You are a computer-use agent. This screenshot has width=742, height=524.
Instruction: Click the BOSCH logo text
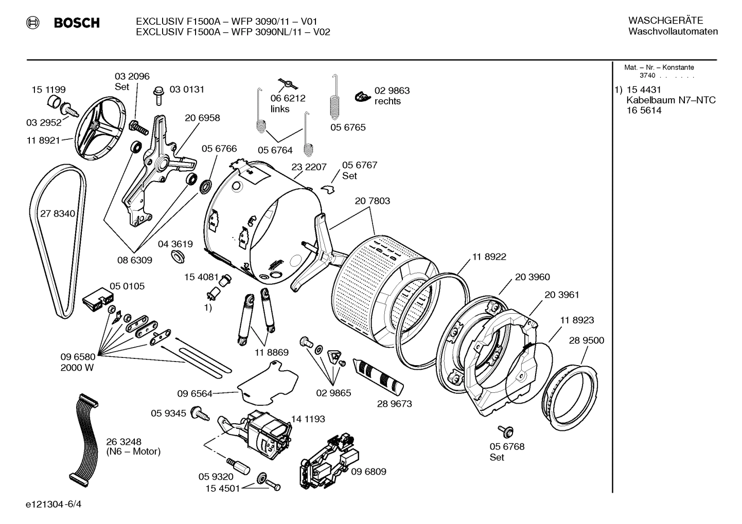pyautogui.click(x=76, y=23)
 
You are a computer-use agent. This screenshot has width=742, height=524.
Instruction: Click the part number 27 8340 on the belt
pyautogui.click(x=57, y=213)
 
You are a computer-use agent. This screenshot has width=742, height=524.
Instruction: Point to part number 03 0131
pyautogui.click(x=187, y=89)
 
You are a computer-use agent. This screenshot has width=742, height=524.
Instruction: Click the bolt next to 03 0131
pyautogui.click(x=158, y=95)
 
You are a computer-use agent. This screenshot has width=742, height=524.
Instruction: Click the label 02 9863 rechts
pyautogui.click(x=392, y=96)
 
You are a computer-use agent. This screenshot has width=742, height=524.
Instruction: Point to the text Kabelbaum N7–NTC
pyautogui.click(x=670, y=100)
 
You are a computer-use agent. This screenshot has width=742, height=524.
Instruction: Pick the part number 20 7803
pyautogui.click(x=372, y=201)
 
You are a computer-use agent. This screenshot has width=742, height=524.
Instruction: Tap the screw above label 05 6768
pyautogui.click(x=503, y=430)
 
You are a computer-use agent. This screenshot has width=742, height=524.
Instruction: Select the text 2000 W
pyautogui.click(x=77, y=368)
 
